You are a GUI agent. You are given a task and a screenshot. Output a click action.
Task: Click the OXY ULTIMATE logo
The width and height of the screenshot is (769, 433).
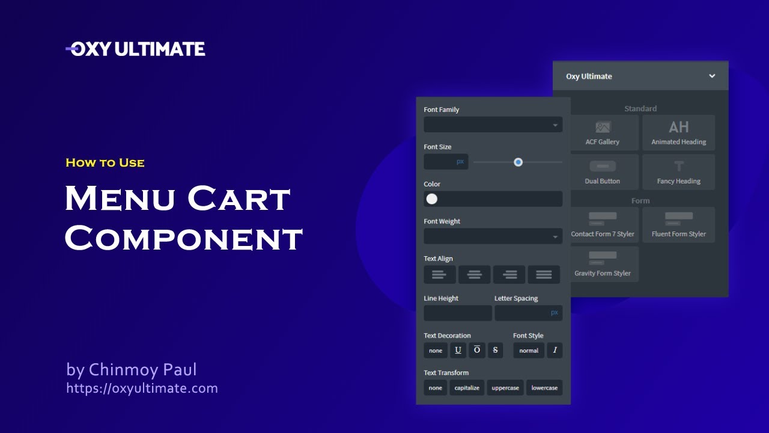[x=135, y=49]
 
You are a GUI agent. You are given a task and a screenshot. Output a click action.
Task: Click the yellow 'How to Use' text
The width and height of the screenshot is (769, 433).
[x=105, y=162]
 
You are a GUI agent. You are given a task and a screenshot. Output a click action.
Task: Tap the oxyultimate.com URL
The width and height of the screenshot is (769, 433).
[x=142, y=388]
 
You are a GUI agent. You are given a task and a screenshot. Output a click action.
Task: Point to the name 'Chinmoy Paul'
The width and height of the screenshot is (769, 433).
[x=142, y=369]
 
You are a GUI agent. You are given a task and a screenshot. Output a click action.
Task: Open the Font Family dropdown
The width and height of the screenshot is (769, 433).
[x=493, y=124]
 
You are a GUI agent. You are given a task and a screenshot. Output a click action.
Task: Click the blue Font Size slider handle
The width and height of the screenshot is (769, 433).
[x=518, y=162]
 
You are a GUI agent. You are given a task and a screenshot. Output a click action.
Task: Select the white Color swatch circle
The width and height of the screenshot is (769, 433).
[x=432, y=199]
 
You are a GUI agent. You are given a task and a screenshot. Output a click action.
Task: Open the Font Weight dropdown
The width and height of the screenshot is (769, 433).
[x=493, y=236]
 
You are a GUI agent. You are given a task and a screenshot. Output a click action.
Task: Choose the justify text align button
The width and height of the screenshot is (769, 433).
[x=544, y=274]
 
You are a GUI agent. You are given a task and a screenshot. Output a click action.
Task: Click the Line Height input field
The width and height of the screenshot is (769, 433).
[x=457, y=313]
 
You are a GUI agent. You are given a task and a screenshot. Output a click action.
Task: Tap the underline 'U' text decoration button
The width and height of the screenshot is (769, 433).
[x=458, y=350]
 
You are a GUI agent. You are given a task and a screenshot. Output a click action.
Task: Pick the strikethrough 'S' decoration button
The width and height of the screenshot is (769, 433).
[x=495, y=350]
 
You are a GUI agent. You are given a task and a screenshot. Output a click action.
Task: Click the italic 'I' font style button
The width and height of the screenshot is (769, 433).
[x=555, y=350]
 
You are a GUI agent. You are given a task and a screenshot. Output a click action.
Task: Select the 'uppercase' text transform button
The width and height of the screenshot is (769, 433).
[x=505, y=388]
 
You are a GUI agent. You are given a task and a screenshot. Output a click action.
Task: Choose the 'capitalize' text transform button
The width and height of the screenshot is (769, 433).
[x=467, y=388]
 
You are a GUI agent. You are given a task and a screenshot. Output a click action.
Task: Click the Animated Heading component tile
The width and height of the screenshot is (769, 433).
[x=678, y=133]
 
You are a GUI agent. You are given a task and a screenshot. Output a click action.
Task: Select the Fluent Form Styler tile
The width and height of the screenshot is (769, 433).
[x=678, y=224]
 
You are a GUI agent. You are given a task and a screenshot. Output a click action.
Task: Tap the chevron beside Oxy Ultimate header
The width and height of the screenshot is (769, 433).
[x=712, y=76]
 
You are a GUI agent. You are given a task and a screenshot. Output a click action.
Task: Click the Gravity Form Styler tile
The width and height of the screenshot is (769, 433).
[x=603, y=263]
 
